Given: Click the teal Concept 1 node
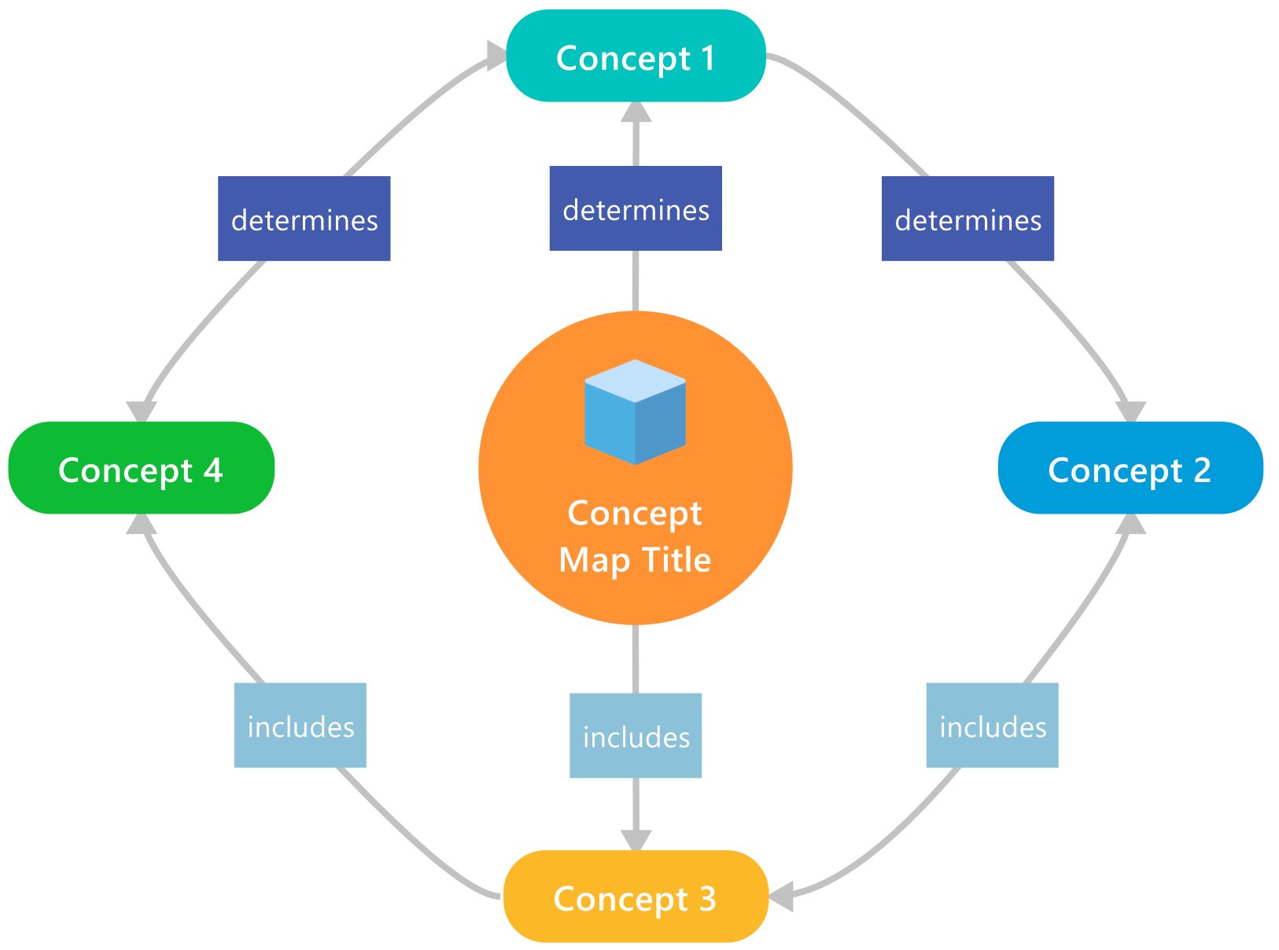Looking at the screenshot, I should [636, 57].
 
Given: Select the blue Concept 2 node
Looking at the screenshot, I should [1130, 469].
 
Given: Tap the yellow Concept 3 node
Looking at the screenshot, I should [636, 897].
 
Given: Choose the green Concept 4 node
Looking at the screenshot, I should [142, 469].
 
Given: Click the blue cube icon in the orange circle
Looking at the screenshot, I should [636, 412].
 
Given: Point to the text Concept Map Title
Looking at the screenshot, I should [636, 536].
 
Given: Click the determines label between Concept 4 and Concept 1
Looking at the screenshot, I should [304, 219].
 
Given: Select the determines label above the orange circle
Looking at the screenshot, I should [636, 208].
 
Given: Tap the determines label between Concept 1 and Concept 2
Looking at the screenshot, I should [968, 219].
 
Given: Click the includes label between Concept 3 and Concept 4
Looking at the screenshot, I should [300, 725].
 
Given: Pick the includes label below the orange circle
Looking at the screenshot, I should [636, 736].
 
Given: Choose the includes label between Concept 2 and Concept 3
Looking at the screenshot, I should [992, 725].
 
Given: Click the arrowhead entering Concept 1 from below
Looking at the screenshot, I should [636, 113].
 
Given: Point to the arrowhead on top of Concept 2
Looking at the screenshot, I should [1131, 412].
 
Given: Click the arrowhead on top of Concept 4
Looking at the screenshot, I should [142, 412].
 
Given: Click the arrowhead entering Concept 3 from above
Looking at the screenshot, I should [636, 840].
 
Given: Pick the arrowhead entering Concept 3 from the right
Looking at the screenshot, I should [781, 897].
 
